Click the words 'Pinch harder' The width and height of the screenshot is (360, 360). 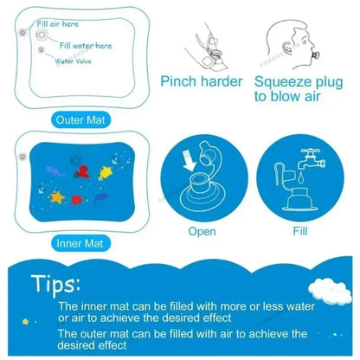point(203,81)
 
